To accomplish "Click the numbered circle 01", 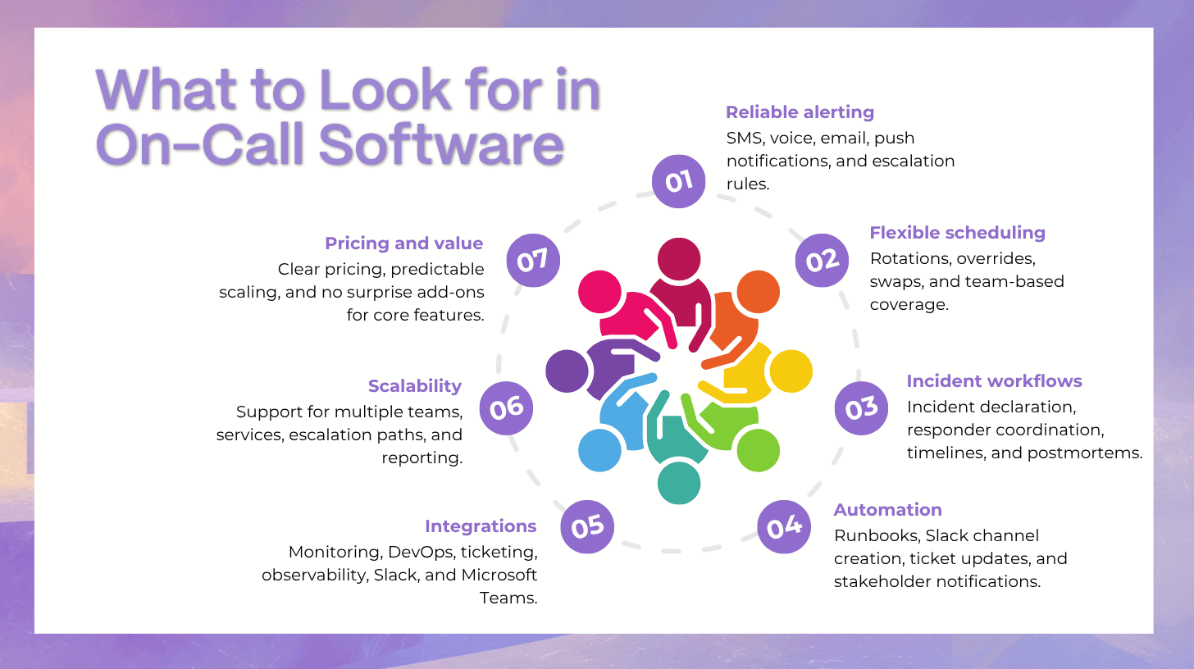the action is tap(678, 181).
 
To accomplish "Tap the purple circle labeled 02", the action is tap(822, 260).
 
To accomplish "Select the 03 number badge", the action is tap(861, 408).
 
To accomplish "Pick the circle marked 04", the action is tap(784, 526).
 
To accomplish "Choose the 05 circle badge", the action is tap(587, 526).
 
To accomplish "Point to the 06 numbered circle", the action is tap(507, 408).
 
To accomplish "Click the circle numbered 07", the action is tap(533, 260).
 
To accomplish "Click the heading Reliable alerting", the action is tap(800, 112).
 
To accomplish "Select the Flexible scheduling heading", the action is tap(957, 233).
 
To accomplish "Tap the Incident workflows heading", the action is tap(995, 381).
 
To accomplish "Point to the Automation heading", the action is tap(888, 510).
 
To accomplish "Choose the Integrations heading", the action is tap(481, 526).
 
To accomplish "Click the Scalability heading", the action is tap(415, 386).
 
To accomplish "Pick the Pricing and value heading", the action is tap(404, 243).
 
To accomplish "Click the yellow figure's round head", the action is tap(791, 371).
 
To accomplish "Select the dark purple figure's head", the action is tap(567, 371).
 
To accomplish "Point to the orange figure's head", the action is tap(759, 292).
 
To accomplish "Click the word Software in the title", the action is tap(442, 145).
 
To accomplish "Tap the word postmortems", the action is tap(1085, 453).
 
